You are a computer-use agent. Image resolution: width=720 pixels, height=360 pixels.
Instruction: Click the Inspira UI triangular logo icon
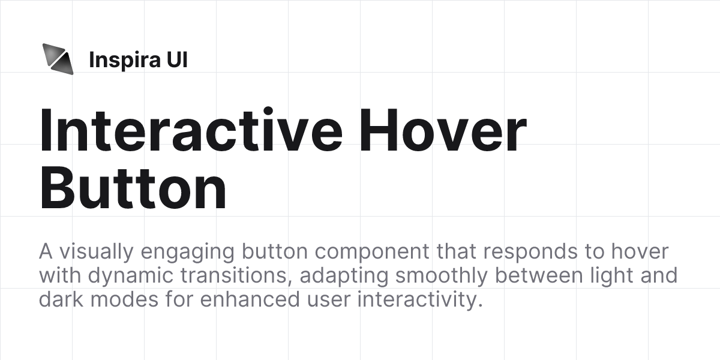tap(58, 59)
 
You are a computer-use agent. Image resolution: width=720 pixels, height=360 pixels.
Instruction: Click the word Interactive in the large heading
tap(191, 131)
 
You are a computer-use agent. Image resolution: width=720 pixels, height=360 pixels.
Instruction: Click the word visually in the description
tap(89, 251)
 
